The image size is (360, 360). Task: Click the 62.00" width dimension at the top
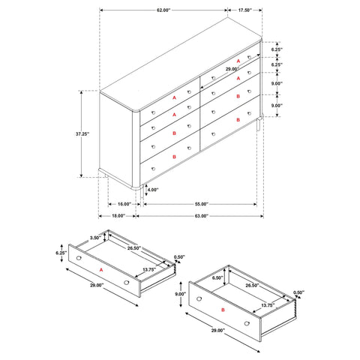click(163, 10)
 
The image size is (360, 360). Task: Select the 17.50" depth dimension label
click(244, 10)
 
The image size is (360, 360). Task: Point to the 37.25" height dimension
click(82, 133)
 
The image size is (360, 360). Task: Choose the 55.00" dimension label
click(197, 203)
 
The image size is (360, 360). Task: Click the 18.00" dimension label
click(117, 216)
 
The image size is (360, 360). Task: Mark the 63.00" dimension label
click(197, 216)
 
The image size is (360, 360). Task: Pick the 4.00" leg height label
click(153, 190)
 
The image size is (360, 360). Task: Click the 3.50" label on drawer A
click(94, 238)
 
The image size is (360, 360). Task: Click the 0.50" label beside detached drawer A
click(180, 257)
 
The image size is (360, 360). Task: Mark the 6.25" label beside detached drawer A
click(61, 253)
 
